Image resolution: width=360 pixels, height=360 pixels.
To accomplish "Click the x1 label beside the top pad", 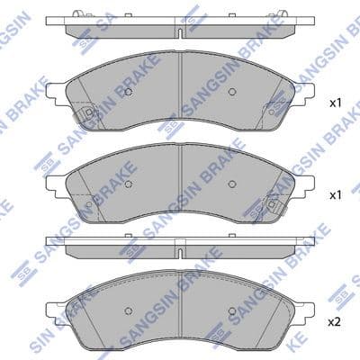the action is pos(336,103).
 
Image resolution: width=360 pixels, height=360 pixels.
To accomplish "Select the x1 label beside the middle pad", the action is pos(336,195).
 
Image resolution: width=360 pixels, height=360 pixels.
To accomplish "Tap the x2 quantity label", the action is pos(336,322).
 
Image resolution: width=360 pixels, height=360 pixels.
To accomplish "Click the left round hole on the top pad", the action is pos(129,92).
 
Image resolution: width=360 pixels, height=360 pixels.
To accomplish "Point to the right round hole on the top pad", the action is pos(231,92).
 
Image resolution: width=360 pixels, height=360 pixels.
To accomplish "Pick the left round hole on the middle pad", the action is pos(129,184).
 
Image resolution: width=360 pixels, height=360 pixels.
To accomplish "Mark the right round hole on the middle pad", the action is pos(231,184).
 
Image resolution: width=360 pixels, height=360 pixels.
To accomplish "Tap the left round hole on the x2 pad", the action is pos(129,310).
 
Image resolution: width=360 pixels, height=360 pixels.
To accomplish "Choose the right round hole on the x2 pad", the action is pos(231,310).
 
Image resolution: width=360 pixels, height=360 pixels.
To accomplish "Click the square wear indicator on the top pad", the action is pos(88,112).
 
